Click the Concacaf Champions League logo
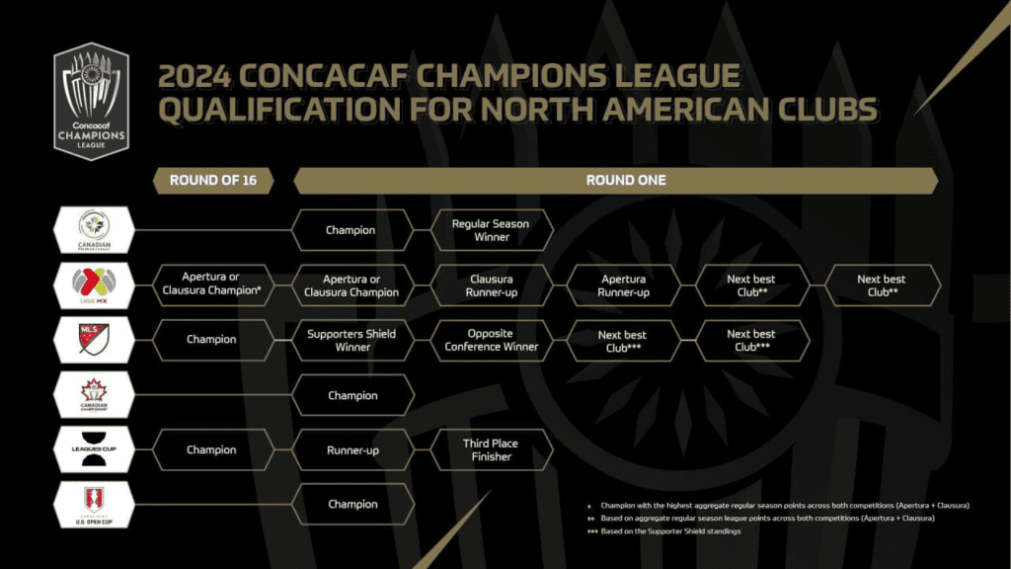(92, 101)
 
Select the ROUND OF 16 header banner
(212, 181)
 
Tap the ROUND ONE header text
(626, 181)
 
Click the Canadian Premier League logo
(93, 229)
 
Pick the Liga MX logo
(93, 284)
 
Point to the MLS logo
(93, 339)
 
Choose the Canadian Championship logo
(93, 395)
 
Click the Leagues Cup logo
(93, 449)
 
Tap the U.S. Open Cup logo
(93, 504)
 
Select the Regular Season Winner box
(491, 230)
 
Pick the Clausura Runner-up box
(491, 284)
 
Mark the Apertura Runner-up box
(623, 284)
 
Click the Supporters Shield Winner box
(352, 340)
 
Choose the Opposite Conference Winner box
(491, 340)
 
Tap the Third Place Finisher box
(491, 449)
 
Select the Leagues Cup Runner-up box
(352, 449)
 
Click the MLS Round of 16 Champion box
(210, 340)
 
